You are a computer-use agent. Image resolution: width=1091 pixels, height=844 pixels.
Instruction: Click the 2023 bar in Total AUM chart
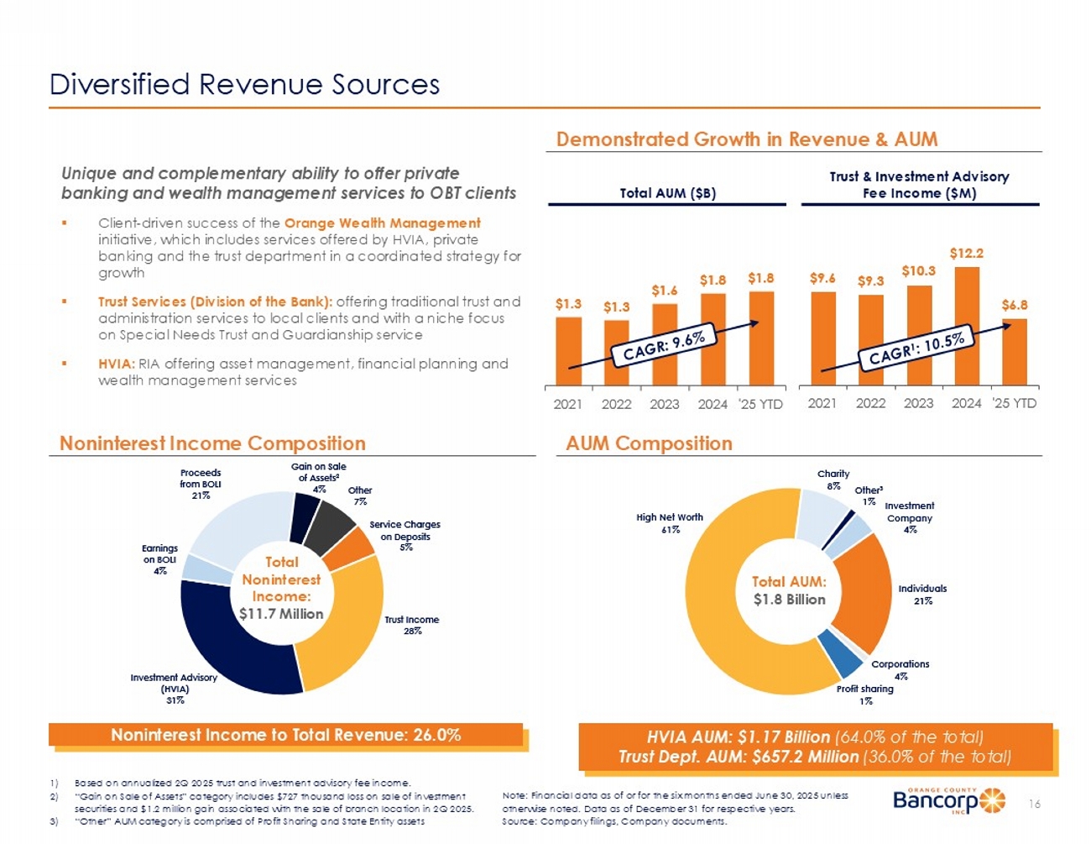tap(665, 344)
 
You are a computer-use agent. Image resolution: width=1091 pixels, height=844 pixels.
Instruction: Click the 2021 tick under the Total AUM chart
tap(568, 404)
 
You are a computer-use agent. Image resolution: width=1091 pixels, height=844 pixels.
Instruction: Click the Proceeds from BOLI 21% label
tap(201, 484)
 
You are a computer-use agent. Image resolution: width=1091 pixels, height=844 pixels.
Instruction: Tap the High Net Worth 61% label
tap(670, 523)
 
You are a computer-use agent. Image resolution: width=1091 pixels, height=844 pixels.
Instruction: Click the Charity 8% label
tap(833, 480)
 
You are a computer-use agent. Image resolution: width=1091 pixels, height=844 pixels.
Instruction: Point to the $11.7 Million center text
tap(281, 614)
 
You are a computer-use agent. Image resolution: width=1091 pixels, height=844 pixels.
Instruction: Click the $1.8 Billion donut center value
tap(789, 600)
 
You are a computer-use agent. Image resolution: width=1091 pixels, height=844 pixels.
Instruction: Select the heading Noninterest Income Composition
tap(212, 443)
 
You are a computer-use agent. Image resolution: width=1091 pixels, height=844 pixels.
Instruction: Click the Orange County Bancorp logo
tap(948, 800)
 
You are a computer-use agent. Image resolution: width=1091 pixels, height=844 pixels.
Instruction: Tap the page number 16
tap(1035, 805)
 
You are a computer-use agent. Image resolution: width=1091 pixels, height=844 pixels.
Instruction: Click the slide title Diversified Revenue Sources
tap(245, 85)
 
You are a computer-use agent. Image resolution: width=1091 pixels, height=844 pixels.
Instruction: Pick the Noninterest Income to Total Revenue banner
tap(286, 735)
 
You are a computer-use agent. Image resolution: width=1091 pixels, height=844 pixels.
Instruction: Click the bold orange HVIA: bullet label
tap(117, 364)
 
